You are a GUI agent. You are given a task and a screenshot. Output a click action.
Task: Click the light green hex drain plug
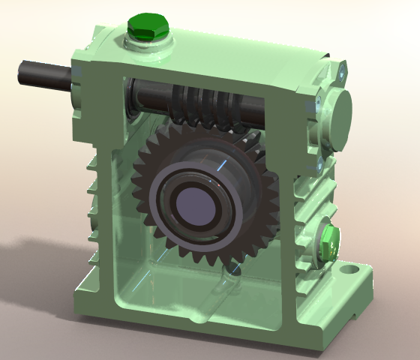pos(329,241)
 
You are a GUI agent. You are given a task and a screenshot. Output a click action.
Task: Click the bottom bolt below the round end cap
pos(320,160)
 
